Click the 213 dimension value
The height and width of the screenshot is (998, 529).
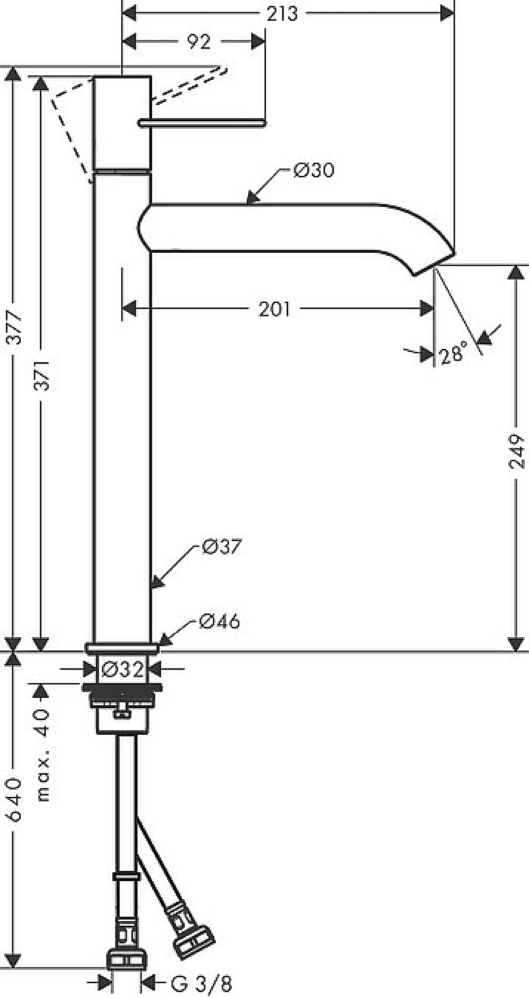click(x=282, y=14)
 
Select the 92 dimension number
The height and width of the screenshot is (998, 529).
click(x=199, y=42)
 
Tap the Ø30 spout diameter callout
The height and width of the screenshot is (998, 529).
click(x=314, y=170)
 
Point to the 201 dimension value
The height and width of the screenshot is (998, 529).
click(x=274, y=309)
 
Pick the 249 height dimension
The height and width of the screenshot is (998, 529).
click(x=516, y=451)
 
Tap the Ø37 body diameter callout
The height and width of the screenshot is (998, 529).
click(x=222, y=546)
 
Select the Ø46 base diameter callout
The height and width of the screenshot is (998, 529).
click(x=220, y=621)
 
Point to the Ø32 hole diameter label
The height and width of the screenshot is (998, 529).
click(x=123, y=670)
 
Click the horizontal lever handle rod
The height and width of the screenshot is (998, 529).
click(x=201, y=123)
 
